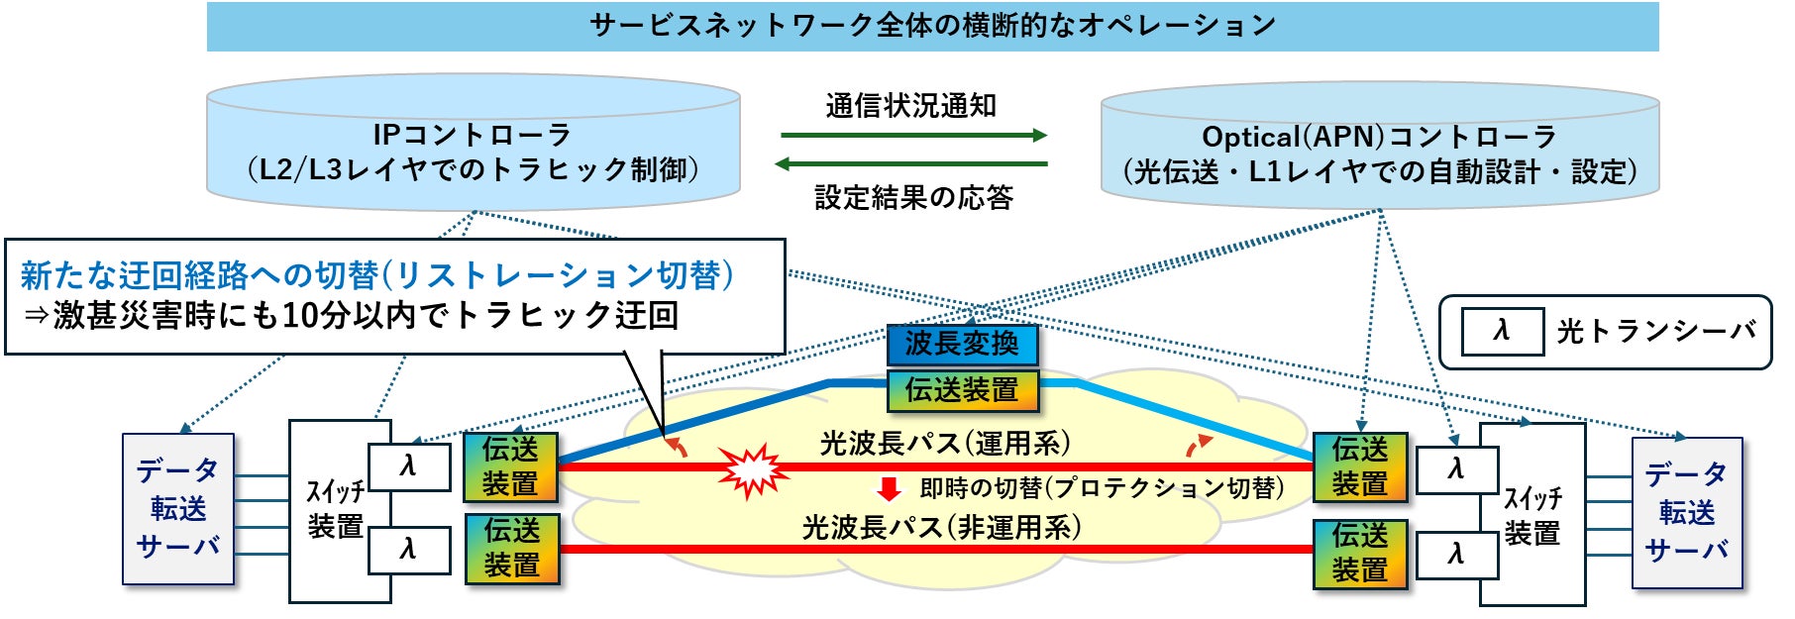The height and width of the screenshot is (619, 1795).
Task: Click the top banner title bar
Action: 931,26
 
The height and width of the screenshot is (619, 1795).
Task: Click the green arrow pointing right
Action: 912,135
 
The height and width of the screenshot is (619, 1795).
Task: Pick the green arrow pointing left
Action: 910,164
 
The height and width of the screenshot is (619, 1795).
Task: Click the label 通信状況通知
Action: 910,105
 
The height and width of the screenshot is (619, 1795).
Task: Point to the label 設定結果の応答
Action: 913,197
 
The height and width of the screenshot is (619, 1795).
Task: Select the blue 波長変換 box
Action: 961,344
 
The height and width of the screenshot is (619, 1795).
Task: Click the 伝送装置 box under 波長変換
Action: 961,389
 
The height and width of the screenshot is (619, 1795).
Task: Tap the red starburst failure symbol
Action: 753,468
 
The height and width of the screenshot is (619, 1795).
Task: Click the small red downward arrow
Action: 889,488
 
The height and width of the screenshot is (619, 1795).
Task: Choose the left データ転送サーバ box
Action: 178,508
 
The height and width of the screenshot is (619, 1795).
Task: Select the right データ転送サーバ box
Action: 1686,512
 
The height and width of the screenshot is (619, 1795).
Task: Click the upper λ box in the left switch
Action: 408,465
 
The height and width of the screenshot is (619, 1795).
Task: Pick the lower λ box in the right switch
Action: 1455,554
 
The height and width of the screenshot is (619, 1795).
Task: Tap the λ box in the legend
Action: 1502,331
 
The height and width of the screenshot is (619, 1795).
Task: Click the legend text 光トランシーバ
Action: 1655,331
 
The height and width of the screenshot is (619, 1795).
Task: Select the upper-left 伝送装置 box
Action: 510,466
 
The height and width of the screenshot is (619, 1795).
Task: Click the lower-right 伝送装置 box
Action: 1359,553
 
